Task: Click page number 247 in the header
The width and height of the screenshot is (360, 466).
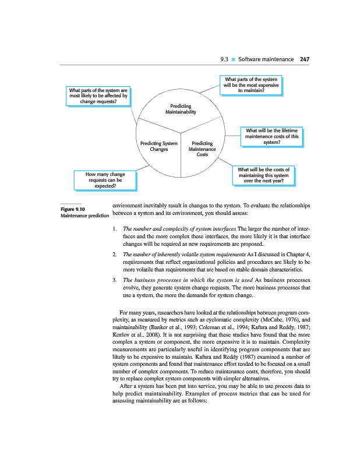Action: coord(304,59)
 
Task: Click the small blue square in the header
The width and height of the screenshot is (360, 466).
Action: coord(232,59)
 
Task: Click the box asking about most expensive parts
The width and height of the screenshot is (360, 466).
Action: coord(251,84)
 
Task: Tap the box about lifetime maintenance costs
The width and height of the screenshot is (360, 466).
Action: coord(272,136)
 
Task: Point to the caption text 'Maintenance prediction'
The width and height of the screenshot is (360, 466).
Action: coord(85,216)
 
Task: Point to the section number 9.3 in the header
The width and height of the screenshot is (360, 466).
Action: coord(223,59)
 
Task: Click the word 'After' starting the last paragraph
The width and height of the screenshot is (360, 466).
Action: coord(127,403)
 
